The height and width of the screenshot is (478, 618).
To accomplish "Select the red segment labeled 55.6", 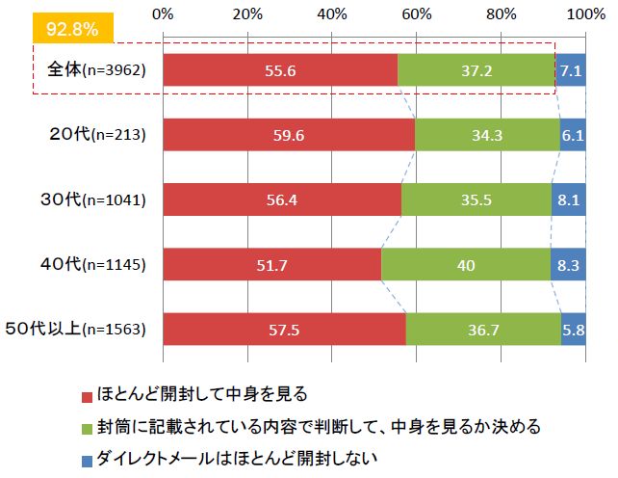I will click(x=280, y=70).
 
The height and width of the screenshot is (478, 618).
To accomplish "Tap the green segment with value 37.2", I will click(x=476, y=70).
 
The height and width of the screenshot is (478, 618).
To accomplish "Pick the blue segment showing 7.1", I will click(x=571, y=70).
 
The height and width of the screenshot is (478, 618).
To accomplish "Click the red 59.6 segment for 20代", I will click(x=289, y=135).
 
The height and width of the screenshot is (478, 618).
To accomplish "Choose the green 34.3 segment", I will click(x=487, y=135).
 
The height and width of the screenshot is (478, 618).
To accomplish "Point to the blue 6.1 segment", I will click(x=573, y=135).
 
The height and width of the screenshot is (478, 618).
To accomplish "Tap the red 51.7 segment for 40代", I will click(x=272, y=264).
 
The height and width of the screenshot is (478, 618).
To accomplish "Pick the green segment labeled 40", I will click(x=466, y=264).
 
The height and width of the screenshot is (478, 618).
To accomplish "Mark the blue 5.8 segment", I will click(x=574, y=329).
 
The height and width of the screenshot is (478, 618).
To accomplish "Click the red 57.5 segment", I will click(x=285, y=329).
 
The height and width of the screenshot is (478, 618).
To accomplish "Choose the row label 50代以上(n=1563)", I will click(x=85, y=329).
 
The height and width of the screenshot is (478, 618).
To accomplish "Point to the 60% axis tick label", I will click(x=417, y=13).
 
